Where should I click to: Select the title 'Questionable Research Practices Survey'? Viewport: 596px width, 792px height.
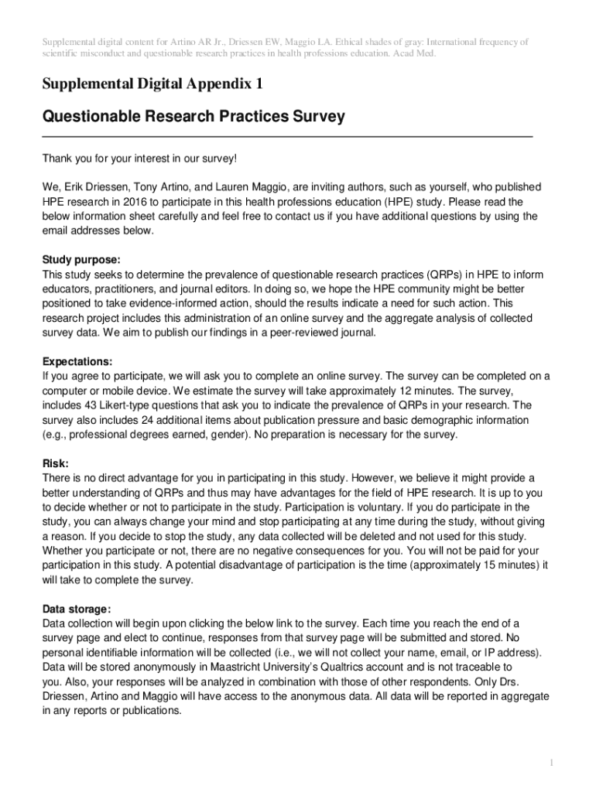193,117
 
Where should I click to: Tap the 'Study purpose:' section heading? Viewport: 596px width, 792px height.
81,260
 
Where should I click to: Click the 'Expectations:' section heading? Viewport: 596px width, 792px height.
77,361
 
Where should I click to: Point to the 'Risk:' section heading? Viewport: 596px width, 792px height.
56,463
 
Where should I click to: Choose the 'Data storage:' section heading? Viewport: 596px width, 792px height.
77,609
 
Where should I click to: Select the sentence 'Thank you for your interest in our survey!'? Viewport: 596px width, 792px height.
139,159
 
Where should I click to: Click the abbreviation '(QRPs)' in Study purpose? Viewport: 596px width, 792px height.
442,275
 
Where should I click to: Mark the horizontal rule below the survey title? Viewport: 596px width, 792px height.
287,136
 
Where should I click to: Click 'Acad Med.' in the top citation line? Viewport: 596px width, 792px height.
413,54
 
